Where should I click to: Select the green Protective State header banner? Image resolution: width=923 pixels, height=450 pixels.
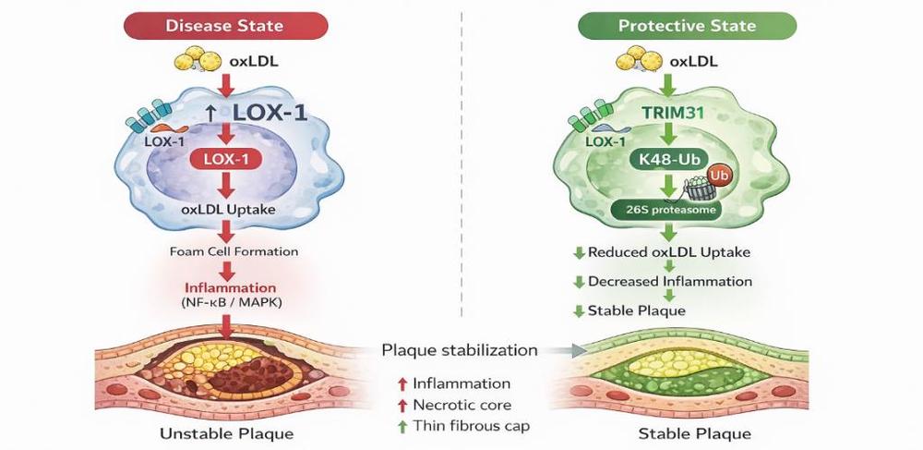687,24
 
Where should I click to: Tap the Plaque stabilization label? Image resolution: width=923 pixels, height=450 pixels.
460,350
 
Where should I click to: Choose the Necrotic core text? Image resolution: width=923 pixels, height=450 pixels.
462,405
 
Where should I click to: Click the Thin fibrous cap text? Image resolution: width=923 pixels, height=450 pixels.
471,426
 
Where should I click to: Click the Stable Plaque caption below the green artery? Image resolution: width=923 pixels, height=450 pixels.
695,432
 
